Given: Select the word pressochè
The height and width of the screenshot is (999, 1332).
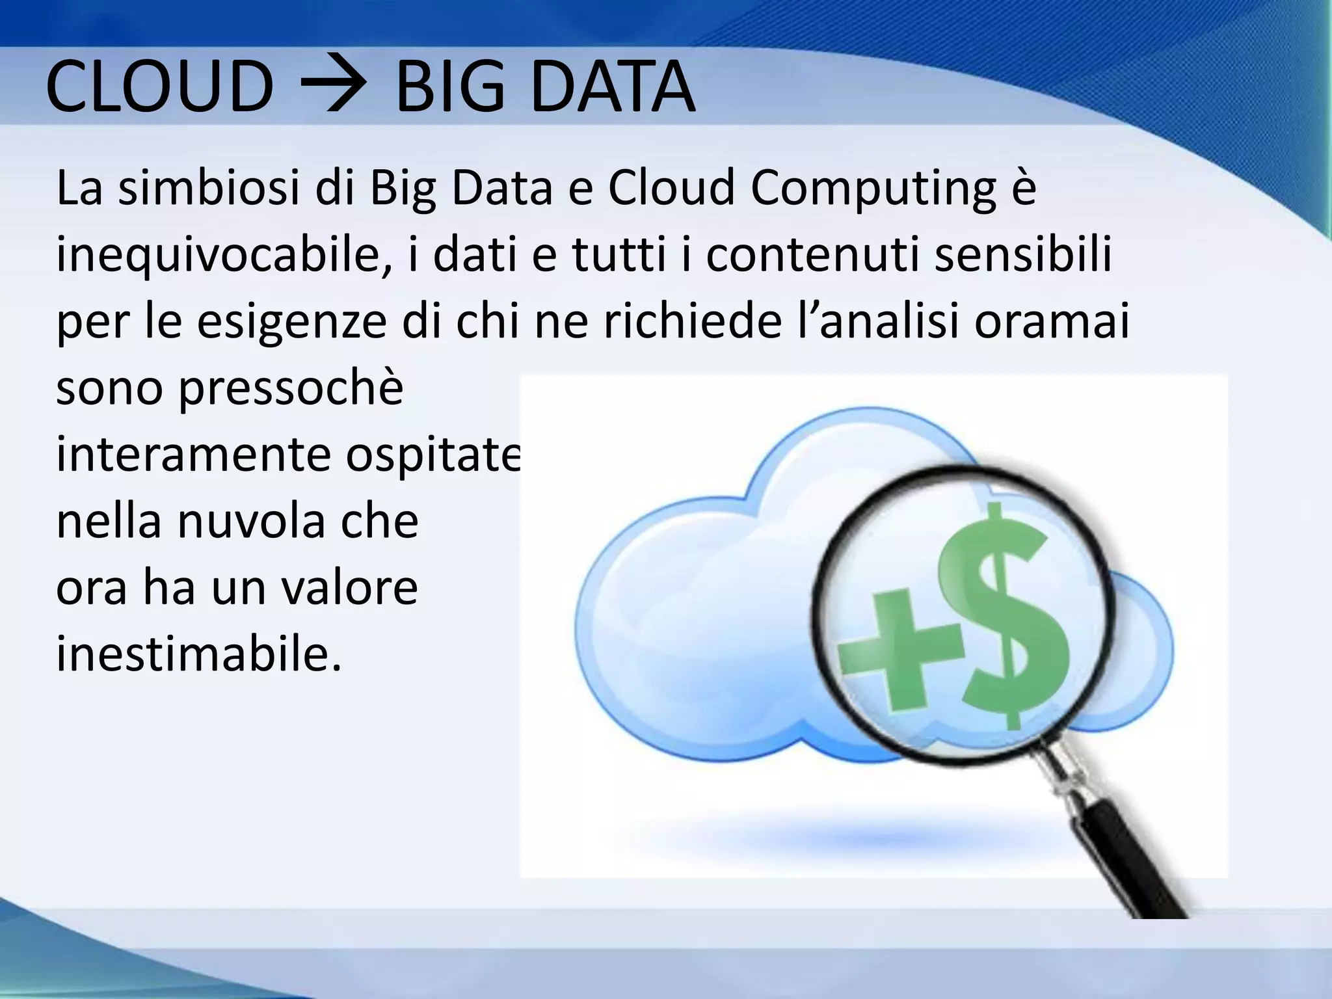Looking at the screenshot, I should [x=291, y=390].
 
